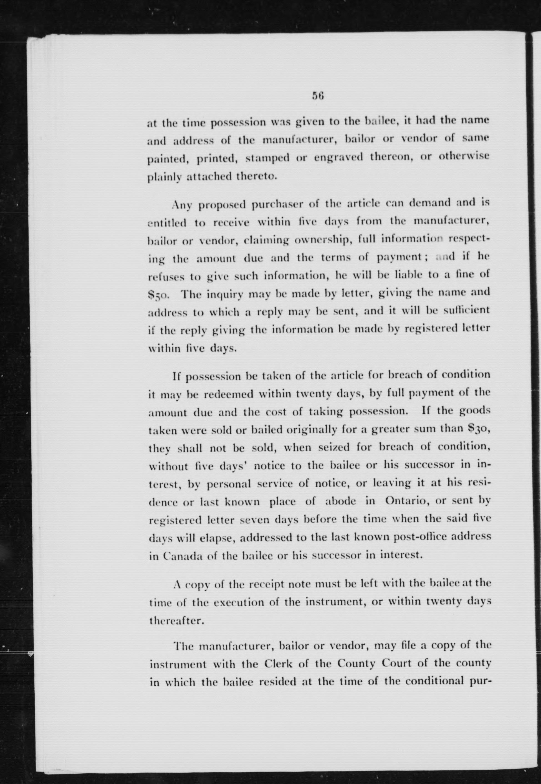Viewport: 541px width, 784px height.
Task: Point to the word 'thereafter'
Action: [176, 620]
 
